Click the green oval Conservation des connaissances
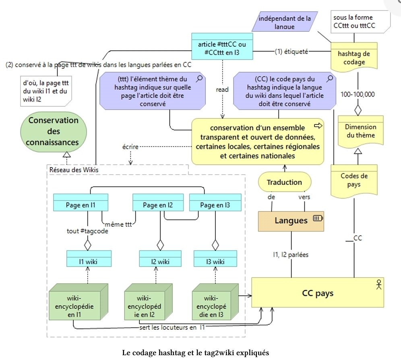[54, 131]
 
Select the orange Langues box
[291, 220]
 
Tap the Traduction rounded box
[285, 182]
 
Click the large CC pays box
[317, 293]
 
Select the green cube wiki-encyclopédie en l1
[75, 302]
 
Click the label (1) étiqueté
[291, 51]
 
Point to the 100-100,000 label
[357, 94]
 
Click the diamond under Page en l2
[160, 244]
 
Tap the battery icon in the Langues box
[318, 218]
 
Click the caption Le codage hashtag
[195, 352]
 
